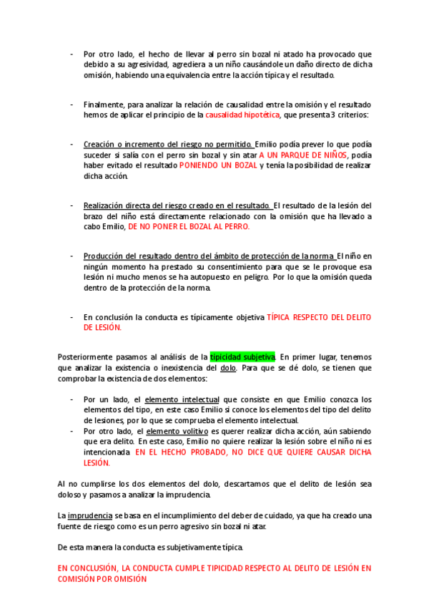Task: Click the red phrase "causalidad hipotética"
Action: (x=242, y=115)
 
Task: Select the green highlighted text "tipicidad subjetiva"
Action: (x=242, y=356)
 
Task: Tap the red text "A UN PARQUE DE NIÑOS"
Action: (x=303, y=155)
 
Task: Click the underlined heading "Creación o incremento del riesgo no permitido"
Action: (x=168, y=144)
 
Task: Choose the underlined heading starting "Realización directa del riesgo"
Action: (x=177, y=205)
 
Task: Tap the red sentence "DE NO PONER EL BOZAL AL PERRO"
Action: (x=189, y=226)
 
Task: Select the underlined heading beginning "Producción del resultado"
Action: (x=209, y=256)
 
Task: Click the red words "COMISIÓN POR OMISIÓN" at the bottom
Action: (x=102, y=579)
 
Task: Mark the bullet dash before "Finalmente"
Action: (x=71, y=105)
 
